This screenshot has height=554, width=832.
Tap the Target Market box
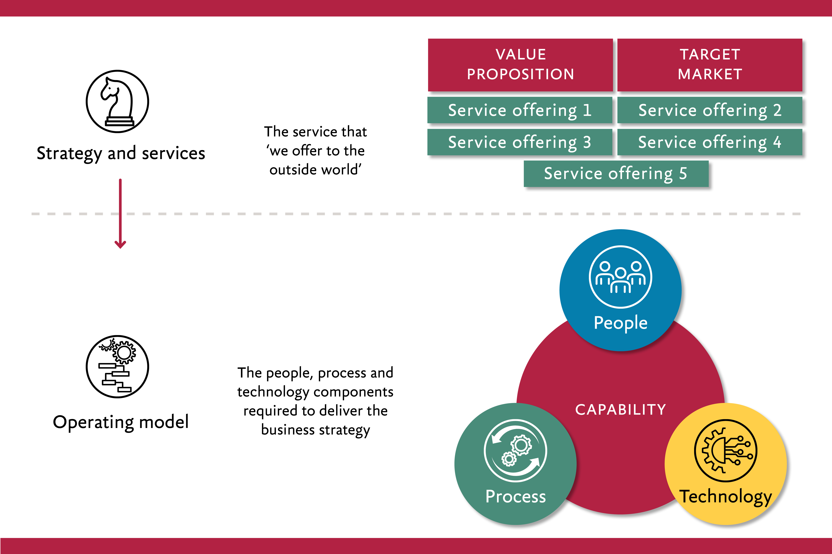(x=710, y=65)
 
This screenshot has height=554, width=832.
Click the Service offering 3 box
(x=520, y=142)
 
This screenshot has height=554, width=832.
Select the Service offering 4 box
(x=710, y=142)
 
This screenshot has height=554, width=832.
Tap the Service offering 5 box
(x=616, y=173)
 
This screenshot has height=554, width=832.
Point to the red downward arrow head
(x=120, y=245)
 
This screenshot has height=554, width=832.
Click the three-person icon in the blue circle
(x=620, y=277)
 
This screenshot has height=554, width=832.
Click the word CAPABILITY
(x=620, y=409)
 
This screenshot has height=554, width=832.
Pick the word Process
(x=515, y=496)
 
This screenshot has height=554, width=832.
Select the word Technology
(x=726, y=496)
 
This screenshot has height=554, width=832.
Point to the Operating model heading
(x=121, y=422)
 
